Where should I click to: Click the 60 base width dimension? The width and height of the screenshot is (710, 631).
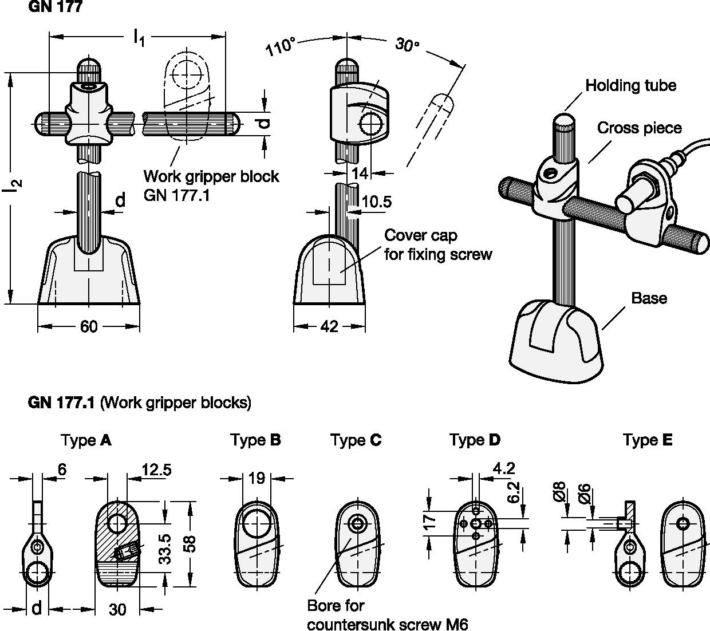[89, 326]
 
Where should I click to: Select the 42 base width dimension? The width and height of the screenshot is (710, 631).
[329, 326]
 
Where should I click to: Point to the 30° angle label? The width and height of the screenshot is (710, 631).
[407, 45]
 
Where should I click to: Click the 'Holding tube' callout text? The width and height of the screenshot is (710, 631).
[630, 86]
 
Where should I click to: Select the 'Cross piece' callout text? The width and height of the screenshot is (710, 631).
[640, 128]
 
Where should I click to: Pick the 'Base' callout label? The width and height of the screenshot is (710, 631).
[649, 298]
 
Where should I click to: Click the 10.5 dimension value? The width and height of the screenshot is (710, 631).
[377, 202]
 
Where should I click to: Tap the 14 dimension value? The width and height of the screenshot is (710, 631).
[360, 173]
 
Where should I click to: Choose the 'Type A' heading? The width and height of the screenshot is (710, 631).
[86, 440]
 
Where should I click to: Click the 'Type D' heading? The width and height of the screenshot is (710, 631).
[475, 440]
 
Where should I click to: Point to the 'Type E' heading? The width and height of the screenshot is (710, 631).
[648, 440]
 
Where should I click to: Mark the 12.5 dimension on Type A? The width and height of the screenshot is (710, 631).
[156, 470]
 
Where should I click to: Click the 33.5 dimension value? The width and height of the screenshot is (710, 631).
[166, 550]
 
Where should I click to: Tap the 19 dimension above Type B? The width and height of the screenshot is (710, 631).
[257, 478]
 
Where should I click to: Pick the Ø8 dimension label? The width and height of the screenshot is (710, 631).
[560, 492]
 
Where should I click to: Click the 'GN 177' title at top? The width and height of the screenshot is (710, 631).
[55, 7]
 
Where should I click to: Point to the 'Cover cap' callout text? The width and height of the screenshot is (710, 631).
[421, 235]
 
